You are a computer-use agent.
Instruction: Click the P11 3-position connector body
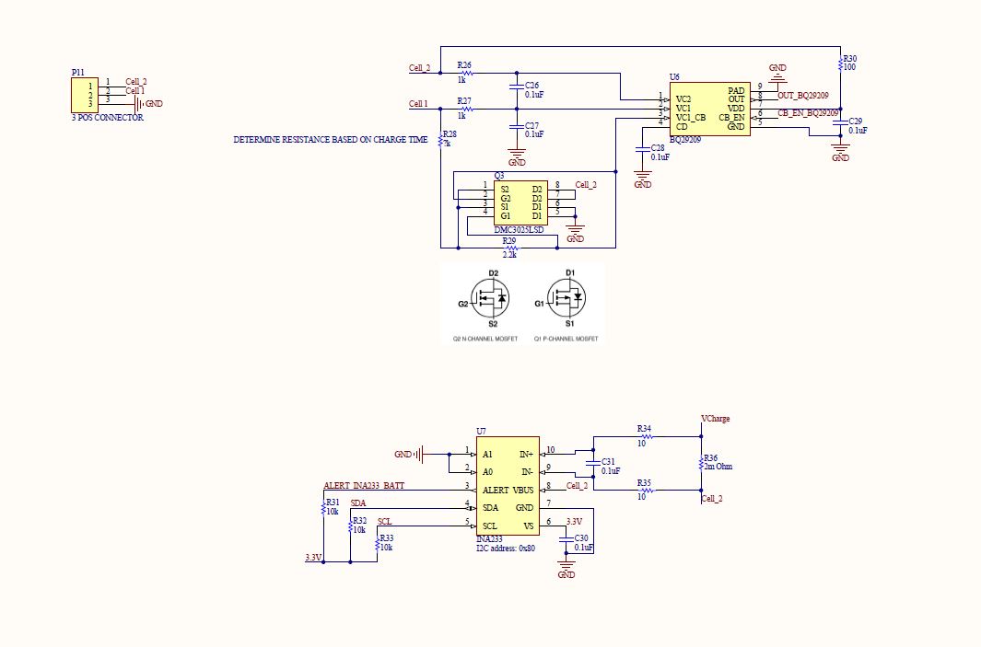point(85,95)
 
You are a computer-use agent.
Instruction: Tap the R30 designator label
point(849,58)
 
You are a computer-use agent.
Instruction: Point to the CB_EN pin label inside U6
point(732,118)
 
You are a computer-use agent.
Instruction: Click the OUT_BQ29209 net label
point(802,96)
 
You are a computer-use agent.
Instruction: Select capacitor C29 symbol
point(840,125)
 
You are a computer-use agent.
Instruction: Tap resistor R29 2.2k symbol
point(509,248)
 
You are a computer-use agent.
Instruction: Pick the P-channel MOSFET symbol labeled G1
point(566,298)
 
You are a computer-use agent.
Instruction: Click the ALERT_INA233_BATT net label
point(364,485)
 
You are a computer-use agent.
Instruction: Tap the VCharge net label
point(715,419)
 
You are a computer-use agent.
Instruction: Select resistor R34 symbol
point(645,438)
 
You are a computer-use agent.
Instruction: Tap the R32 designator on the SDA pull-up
point(359,521)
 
